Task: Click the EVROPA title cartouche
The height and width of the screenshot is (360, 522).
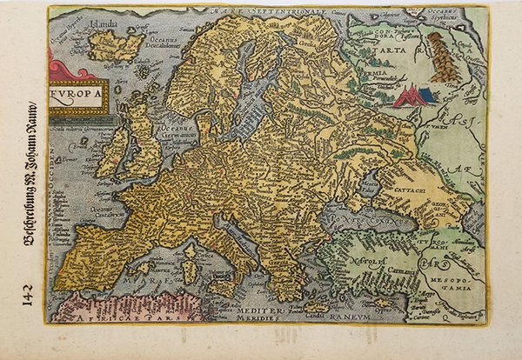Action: point(79,97)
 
